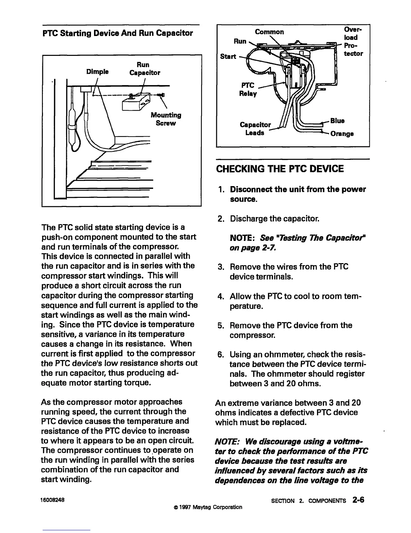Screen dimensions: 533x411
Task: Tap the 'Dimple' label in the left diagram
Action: (97, 72)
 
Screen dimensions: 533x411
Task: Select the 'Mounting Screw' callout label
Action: (166, 119)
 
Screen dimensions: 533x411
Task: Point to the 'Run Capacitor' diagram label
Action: (145, 68)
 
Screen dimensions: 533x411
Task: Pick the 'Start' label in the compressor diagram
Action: (228, 56)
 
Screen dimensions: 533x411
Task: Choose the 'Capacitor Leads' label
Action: (255, 129)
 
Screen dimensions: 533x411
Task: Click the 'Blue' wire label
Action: (337, 120)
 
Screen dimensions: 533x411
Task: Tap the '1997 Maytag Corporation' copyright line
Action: (206, 507)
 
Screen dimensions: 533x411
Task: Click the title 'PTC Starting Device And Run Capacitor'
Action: (118, 33)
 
